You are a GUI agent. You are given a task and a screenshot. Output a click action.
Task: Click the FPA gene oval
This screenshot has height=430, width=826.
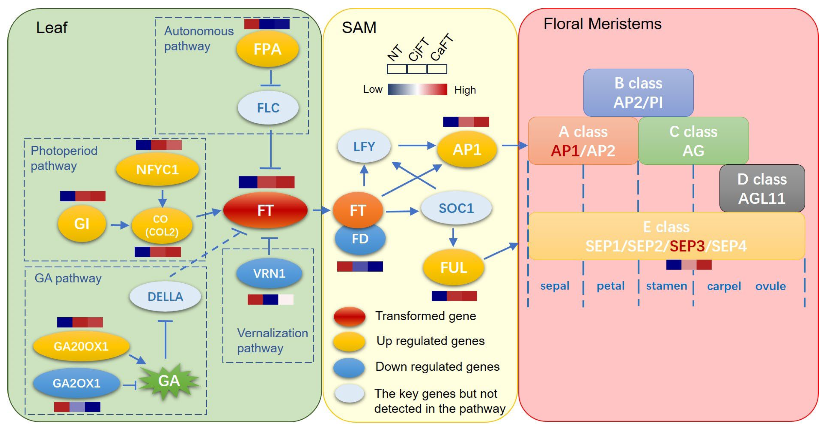[267, 49]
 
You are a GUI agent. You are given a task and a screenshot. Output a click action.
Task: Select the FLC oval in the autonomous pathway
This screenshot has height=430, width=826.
[268, 108]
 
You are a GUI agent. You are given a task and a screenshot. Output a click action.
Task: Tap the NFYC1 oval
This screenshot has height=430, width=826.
[157, 169]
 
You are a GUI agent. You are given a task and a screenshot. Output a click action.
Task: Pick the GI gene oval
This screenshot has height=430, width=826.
[82, 223]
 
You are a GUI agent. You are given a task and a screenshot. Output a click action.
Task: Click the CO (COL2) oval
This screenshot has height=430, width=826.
[162, 225]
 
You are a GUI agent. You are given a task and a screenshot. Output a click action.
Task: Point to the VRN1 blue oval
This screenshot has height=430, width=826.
[269, 273]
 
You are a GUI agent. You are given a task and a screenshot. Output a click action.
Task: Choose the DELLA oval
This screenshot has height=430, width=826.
[165, 296]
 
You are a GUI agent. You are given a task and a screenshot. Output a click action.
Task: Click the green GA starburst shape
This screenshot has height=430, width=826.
[169, 381]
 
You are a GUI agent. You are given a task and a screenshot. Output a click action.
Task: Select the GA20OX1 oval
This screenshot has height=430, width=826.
[81, 346]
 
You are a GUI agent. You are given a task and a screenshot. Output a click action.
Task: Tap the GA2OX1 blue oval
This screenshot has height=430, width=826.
[76, 383]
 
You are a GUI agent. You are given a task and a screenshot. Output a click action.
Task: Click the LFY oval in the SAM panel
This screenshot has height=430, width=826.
[364, 146]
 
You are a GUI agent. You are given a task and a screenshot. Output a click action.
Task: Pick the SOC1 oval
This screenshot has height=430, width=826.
[456, 208]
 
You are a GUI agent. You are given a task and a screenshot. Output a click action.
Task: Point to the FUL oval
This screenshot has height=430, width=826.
[453, 267]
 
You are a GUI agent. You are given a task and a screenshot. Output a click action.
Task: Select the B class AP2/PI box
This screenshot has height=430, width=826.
[638, 92]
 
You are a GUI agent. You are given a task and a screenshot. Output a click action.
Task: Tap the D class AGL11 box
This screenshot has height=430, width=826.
[762, 189]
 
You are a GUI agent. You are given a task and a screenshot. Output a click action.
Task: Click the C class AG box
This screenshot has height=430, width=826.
[693, 141]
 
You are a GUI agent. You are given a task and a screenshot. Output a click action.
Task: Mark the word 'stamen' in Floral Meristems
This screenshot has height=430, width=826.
[666, 286]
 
